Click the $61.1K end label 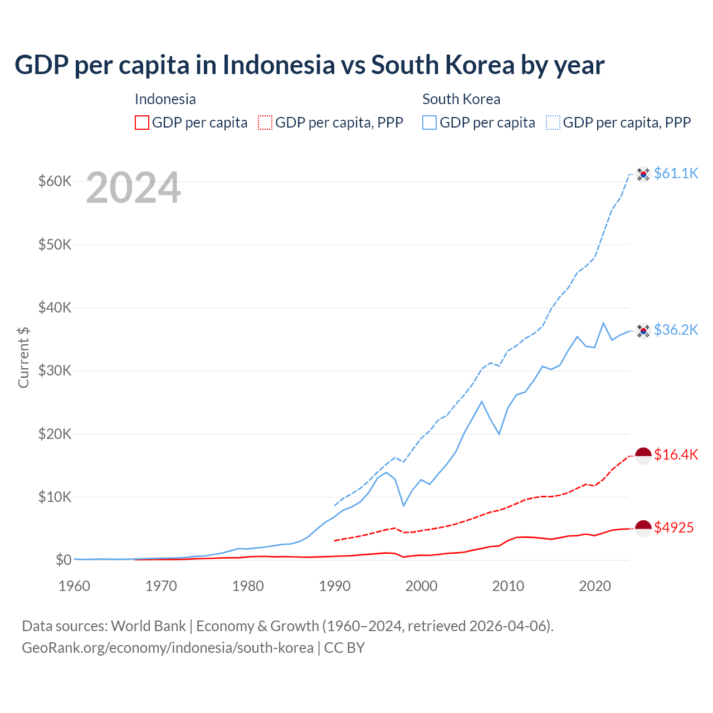pos(676,174)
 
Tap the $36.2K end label pos(676,330)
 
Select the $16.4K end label pos(676,455)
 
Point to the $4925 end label pos(673,528)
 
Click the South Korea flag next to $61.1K pos(643,174)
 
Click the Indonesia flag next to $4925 pos(643,528)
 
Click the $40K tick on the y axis pos(55,307)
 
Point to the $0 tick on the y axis pos(64,560)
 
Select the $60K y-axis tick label pos(55,182)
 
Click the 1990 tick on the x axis pos(335,586)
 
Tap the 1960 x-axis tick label pos(75,586)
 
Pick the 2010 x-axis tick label pos(508,586)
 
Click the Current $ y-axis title pos(23,357)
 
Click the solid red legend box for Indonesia pos(142,123)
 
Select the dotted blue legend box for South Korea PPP pos(553,123)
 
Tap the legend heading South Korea pos(461,99)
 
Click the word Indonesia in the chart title pos(279,65)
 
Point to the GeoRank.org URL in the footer pos(168,648)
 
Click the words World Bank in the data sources pos(148,626)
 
